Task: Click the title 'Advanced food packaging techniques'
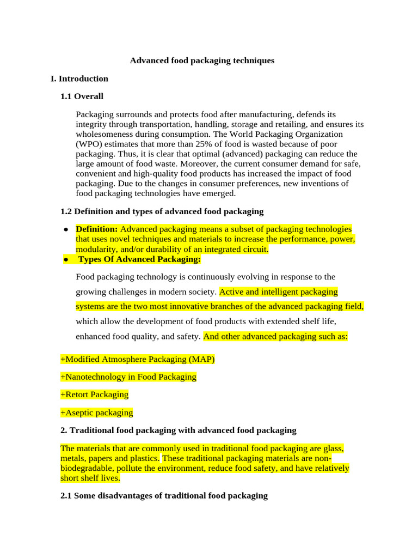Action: click(x=202, y=60)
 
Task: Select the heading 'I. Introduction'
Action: click(x=79, y=78)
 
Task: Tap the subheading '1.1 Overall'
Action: click(x=82, y=96)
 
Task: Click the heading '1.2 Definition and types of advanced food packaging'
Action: click(x=162, y=211)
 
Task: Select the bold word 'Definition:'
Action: click(x=97, y=229)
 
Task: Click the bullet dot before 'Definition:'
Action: click(x=65, y=230)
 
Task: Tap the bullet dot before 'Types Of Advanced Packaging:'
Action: click(x=65, y=260)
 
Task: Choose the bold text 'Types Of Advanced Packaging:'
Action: click(x=140, y=259)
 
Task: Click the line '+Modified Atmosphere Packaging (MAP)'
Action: click(x=138, y=359)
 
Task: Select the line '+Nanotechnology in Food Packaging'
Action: click(x=128, y=377)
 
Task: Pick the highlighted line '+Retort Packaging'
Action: click(x=95, y=394)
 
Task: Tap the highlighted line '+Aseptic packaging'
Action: click(x=97, y=413)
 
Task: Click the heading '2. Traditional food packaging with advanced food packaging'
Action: click(x=179, y=430)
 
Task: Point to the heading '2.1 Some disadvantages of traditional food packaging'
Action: click(x=164, y=495)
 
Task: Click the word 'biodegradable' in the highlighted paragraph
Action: click(x=85, y=468)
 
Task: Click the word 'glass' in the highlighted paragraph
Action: click(x=332, y=448)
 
